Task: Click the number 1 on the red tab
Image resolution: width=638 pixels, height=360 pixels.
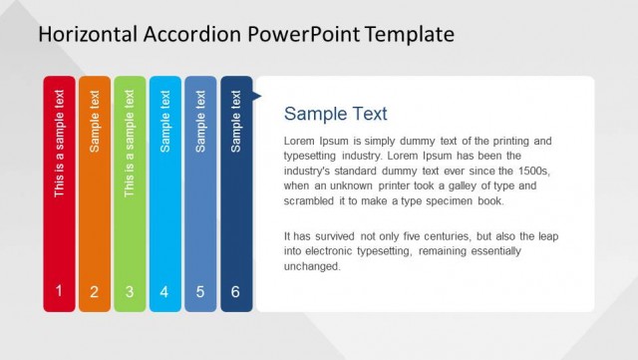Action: [x=59, y=291]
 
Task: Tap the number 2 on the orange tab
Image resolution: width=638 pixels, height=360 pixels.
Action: [x=95, y=292]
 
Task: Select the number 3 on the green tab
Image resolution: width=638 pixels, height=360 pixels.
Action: [x=130, y=292]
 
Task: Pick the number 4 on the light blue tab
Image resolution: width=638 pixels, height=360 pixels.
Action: [x=165, y=292]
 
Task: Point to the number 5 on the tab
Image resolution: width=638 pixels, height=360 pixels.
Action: [x=200, y=292]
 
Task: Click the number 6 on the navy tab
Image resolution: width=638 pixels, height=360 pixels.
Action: [x=236, y=292]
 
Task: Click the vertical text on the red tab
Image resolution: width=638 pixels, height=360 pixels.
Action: [x=60, y=144]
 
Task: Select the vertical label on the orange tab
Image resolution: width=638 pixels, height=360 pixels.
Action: [x=96, y=121]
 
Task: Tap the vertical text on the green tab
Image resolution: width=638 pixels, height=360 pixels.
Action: [x=131, y=144]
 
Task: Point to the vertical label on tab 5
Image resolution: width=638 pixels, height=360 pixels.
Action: [x=201, y=121]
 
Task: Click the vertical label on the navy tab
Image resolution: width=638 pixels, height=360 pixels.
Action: [x=237, y=121]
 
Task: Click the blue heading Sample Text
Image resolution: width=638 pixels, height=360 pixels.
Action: [x=336, y=114]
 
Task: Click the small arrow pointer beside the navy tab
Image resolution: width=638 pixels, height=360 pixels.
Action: [x=257, y=97]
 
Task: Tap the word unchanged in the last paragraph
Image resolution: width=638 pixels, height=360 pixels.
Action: [x=312, y=266]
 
